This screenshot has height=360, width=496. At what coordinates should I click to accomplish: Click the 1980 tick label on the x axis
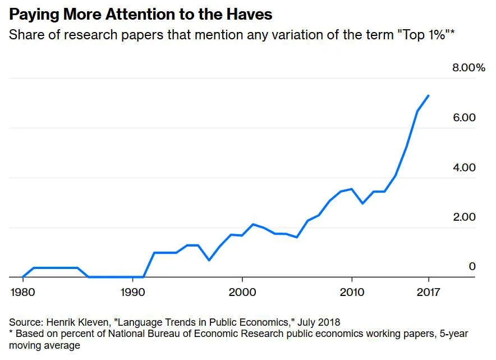coord(22,293)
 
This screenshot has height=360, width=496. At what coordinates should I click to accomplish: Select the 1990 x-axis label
coord(132,293)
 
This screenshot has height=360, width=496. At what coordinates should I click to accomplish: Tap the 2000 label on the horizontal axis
coord(242,293)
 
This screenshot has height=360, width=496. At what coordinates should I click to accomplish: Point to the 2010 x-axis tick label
coord(352,293)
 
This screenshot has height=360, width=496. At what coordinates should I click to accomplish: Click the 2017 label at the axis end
coord(429,293)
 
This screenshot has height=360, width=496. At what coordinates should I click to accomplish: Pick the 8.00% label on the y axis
coord(469,68)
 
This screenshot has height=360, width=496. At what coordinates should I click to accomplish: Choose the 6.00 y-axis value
coord(465,117)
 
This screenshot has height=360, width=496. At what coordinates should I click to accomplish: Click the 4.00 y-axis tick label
coord(465,167)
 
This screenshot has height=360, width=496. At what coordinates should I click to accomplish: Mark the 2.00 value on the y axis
coord(465,217)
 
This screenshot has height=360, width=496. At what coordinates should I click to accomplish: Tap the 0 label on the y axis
coord(472,266)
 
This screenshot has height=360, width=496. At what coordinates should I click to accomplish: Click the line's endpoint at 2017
coord(429,95)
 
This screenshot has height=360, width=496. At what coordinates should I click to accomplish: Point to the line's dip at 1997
coord(209,260)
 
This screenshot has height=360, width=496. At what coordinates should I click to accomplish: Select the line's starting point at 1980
coord(22,277)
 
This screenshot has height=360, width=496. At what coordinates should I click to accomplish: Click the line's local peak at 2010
coord(352,189)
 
